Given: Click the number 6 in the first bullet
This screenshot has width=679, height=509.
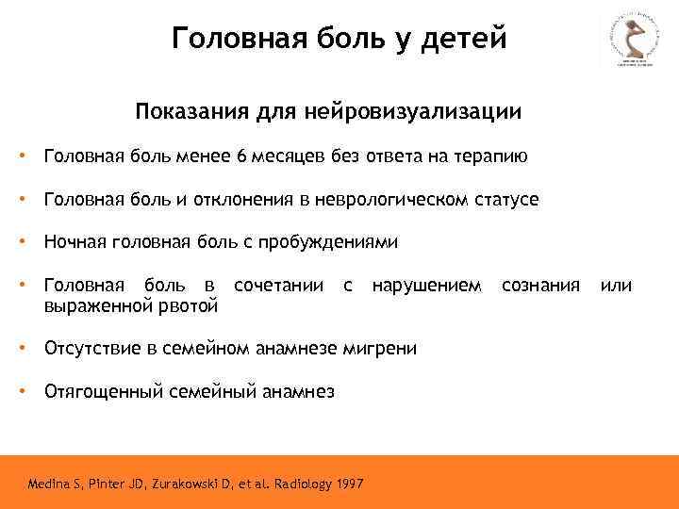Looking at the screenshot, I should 242,156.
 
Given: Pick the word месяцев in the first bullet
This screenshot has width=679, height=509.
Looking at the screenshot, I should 288,156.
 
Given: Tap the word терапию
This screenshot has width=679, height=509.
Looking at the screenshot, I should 488,156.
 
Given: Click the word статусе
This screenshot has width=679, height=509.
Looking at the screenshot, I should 507,200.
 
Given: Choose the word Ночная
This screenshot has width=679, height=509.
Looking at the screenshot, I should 75,242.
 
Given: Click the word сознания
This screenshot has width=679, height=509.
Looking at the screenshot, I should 540,286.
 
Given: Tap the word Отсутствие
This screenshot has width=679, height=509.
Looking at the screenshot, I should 91,348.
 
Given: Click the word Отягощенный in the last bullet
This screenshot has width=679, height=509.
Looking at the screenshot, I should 99,391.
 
